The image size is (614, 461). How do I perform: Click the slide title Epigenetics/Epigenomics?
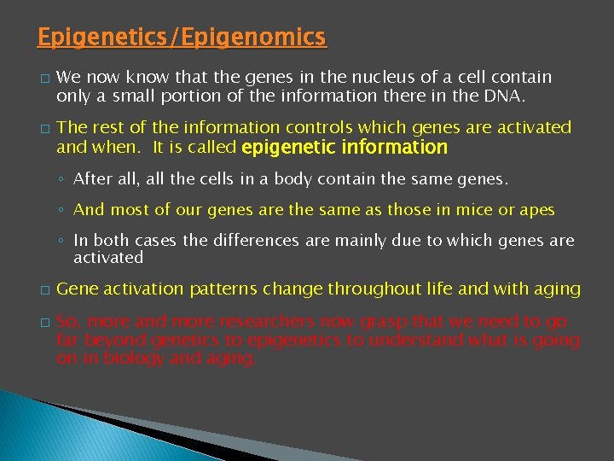tap(182, 38)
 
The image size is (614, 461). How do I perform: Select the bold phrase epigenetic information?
tap(345, 148)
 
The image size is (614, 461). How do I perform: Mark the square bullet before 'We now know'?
tap(43, 79)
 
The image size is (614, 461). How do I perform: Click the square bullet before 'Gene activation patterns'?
tap(43, 290)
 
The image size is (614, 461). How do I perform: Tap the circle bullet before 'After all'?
tap(61, 180)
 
